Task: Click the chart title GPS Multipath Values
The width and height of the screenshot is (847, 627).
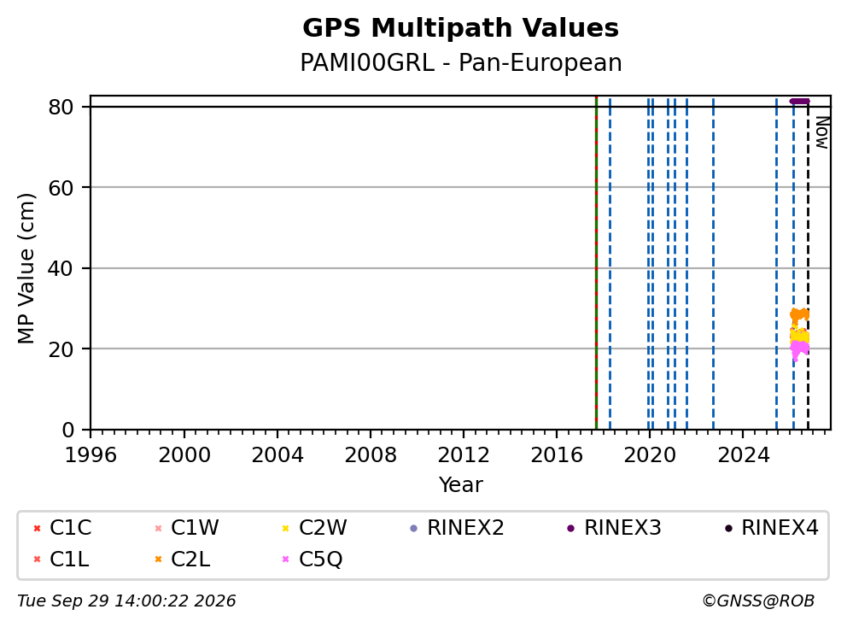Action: [460, 28]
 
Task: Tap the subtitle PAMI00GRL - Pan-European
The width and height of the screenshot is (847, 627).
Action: [461, 62]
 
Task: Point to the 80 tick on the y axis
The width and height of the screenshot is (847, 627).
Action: [61, 107]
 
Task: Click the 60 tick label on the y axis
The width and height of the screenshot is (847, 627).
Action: [61, 188]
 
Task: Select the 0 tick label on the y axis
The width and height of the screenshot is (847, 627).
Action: [68, 430]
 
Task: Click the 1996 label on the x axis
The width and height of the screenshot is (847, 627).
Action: [91, 455]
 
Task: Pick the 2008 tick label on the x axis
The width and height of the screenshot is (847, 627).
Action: [371, 455]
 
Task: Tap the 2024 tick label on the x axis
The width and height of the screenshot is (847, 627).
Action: [744, 455]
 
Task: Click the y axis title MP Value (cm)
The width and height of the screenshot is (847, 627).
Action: [26, 268]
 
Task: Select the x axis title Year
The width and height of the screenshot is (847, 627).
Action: [461, 485]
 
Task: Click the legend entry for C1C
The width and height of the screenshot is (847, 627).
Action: [62, 528]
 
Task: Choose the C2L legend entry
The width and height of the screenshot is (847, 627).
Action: [182, 559]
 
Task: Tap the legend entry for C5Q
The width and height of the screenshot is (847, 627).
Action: [313, 559]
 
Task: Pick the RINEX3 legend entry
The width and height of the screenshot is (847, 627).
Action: [614, 528]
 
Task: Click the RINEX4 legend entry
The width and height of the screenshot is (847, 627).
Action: [771, 528]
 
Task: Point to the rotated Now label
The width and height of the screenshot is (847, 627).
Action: [822, 133]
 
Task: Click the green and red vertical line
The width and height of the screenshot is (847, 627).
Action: [596, 263]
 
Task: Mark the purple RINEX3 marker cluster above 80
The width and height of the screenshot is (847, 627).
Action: [799, 101]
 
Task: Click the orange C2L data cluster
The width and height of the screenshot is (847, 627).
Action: [799, 314]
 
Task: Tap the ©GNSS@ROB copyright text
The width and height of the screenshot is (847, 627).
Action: [758, 601]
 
